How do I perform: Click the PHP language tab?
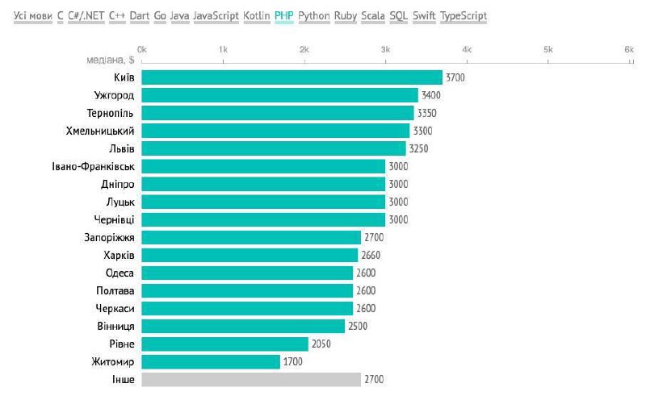(x=284, y=15)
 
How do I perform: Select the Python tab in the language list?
(x=314, y=16)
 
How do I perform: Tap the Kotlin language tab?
(x=257, y=15)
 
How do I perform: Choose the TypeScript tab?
(x=464, y=16)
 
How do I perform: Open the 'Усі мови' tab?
(x=33, y=15)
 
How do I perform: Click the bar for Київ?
(x=292, y=77)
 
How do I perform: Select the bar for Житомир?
(x=211, y=362)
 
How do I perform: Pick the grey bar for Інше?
(x=251, y=380)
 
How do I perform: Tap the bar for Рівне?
(x=224, y=344)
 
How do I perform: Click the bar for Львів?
(x=274, y=148)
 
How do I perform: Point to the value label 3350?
(x=427, y=113)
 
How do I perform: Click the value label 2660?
(x=371, y=255)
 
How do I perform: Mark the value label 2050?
(x=321, y=344)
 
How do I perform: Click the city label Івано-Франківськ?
(x=93, y=167)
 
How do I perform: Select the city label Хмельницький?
(x=100, y=131)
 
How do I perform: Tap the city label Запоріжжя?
(x=109, y=238)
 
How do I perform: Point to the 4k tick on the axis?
(x=467, y=49)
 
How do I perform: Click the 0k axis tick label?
(x=142, y=49)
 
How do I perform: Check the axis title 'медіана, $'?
(x=111, y=60)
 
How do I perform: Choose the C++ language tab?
(x=117, y=15)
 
